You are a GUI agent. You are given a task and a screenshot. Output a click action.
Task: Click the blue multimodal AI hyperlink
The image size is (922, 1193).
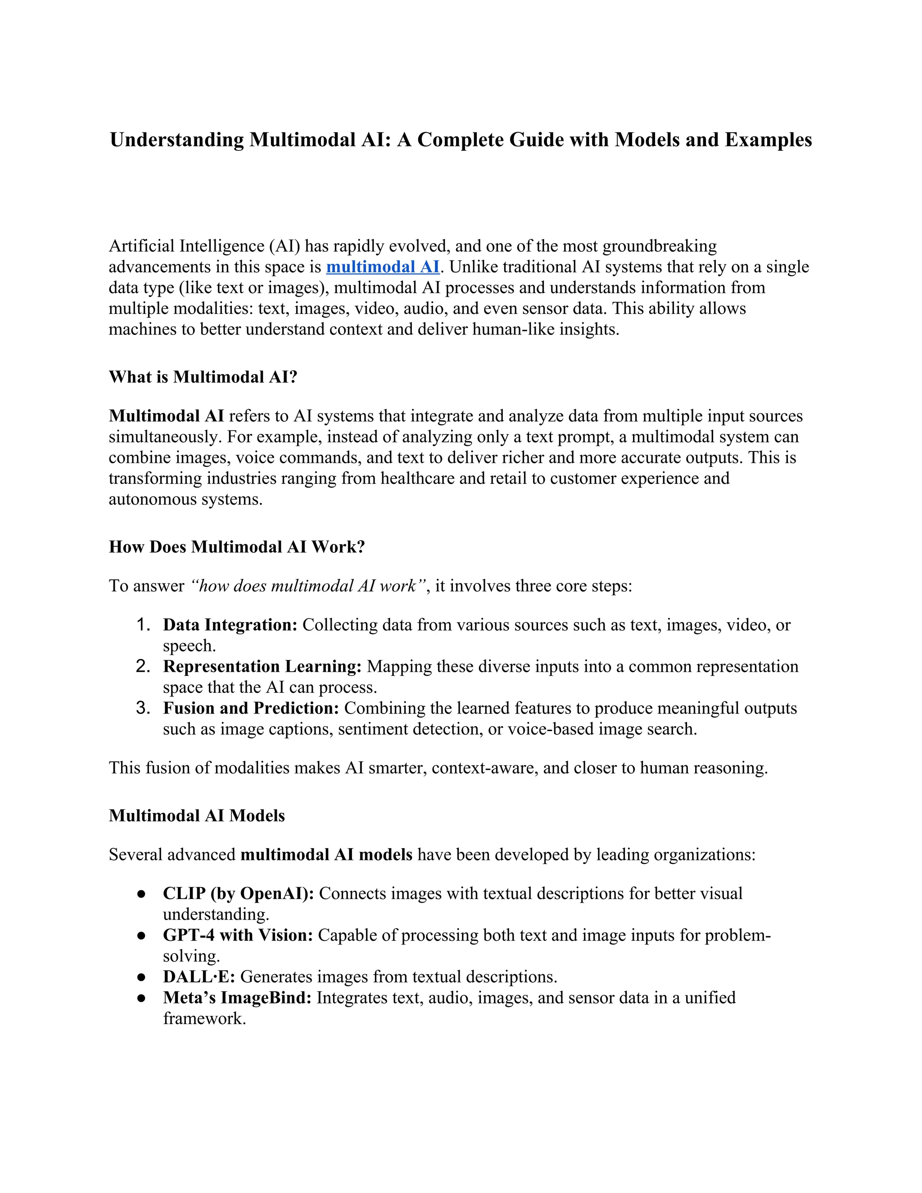[x=382, y=267]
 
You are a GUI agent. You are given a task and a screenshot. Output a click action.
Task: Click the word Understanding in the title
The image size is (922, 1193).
[x=177, y=140]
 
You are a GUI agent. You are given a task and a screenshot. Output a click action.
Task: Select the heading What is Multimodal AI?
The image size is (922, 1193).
[x=203, y=377]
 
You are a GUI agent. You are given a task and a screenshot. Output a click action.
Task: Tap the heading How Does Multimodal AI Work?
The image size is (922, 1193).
[x=236, y=547]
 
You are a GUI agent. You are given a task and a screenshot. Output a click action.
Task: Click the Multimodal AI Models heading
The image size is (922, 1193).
[x=197, y=816]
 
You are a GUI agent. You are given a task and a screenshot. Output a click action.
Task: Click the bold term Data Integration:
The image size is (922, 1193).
[x=230, y=625]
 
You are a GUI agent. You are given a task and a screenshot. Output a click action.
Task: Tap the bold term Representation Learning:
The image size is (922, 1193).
[x=262, y=666]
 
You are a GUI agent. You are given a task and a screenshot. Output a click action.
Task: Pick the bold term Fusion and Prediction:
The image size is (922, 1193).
[x=251, y=708]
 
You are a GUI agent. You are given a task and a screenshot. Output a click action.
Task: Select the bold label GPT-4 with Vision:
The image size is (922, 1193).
[x=238, y=935]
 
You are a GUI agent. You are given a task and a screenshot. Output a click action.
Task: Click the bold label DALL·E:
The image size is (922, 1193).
[x=199, y=977]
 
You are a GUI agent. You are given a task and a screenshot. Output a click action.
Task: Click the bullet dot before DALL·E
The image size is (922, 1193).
[x=141, y=977]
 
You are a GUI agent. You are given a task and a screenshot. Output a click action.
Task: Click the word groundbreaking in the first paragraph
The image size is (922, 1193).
[x=659, y=246]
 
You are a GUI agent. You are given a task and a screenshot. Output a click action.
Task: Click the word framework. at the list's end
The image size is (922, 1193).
[x=204, y=1019]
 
